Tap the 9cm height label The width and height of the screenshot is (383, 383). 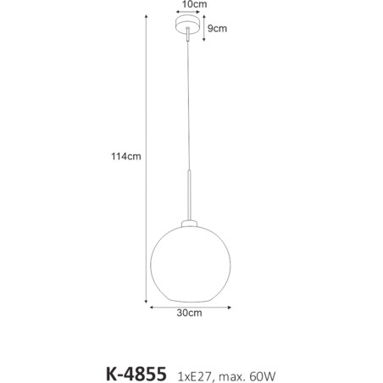(218, 28)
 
